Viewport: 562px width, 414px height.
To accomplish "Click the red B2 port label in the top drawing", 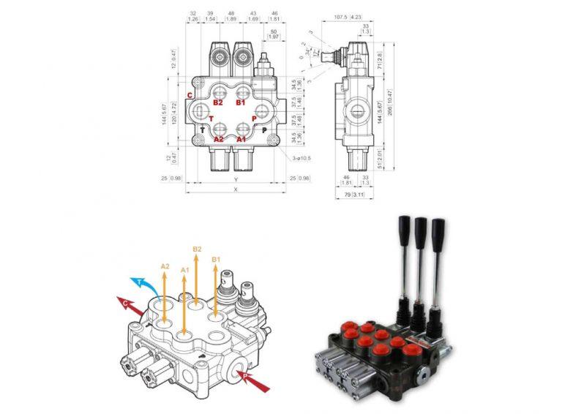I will (218, 103).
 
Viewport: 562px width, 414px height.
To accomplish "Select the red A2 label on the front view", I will (218, 138).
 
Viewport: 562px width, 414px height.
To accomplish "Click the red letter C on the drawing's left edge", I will (190, 96).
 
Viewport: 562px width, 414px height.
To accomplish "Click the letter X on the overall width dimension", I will (235, 189).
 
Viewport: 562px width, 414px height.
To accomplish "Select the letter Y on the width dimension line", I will (235, 178).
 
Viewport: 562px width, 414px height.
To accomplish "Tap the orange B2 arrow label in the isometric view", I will (196, 249).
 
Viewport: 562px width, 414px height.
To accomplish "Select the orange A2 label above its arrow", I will (165, 266).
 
